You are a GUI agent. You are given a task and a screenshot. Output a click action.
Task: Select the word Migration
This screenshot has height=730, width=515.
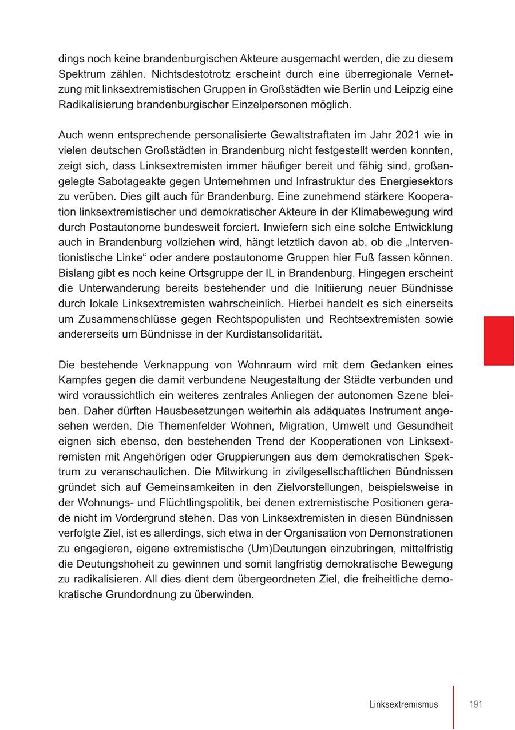click(313, 426)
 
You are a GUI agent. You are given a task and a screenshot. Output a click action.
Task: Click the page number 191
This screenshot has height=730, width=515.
click(476, 704)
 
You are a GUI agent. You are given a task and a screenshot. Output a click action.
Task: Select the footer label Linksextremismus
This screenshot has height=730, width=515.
click(403, 704)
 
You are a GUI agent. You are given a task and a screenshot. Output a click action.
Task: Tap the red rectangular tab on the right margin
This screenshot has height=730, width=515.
click(498, 340)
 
